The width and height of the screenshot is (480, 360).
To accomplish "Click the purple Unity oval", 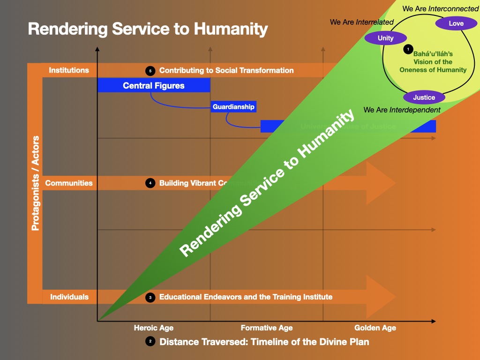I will (x=386, y=38).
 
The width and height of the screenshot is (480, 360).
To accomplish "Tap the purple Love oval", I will (x=456, y=23).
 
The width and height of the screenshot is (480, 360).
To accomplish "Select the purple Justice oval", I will (x=424, y=97).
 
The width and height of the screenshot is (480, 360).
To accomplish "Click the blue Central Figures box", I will (x=154, y=85).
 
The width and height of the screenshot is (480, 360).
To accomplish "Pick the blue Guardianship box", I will (x=233, y=107).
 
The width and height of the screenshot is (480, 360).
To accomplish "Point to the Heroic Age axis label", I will (x=153, y=328).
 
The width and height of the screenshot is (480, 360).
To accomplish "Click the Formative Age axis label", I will (x=267, y=328).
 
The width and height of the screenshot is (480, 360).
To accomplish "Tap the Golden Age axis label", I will (x=375, y=328).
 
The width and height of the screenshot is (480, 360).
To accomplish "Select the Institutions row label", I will (x=69, y=70).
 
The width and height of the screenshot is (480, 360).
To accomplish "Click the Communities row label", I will (x=69, y=183).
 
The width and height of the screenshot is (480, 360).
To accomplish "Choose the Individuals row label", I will (x=69, y=297).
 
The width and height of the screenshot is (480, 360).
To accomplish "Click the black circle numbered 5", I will (x=150, y=71).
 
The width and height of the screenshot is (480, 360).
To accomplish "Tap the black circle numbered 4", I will (x=150, y=183).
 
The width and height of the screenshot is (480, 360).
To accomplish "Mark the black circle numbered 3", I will (x=150, y=297).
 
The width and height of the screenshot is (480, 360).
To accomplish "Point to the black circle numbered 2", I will (x=150, y=342).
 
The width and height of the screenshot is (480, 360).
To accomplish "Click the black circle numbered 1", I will (x=408, y=49).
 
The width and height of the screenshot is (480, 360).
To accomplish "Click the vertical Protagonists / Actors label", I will (x=35, y=183).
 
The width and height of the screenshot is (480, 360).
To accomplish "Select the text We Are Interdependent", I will (x=402, y=110).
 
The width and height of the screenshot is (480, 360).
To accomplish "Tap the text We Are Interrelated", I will (x=362, y=22).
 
